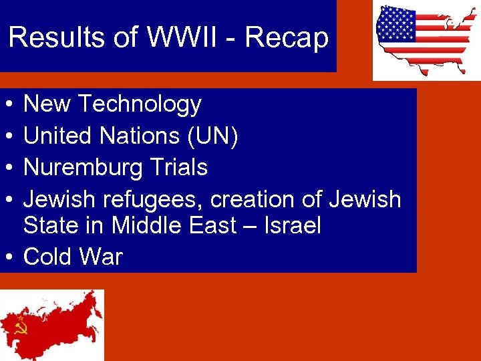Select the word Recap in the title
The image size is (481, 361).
(x=287, y=38)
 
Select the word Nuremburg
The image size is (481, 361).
(x=81, y=167)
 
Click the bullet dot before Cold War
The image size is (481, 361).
(x=6, y=257)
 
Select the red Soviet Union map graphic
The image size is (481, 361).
(x=53, y=324)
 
